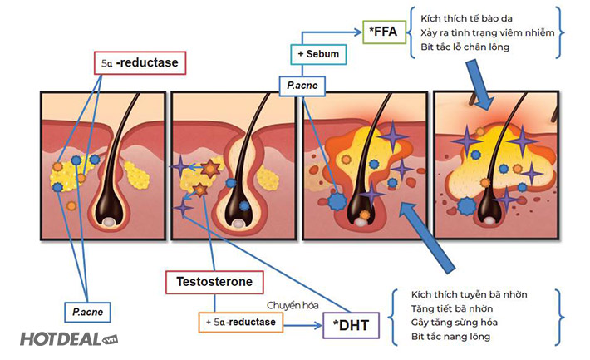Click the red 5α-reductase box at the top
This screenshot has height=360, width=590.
coord(138,62)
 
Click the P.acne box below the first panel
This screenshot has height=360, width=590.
coord(88,311)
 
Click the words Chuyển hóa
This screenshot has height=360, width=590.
coord(293,305)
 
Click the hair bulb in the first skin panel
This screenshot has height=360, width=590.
coord(110,220)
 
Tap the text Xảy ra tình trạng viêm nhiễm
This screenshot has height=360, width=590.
coord(482,32)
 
